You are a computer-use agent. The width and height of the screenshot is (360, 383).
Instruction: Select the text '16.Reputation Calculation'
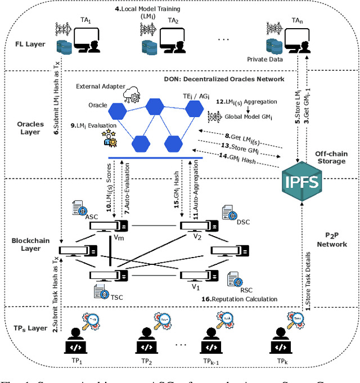pos(239,299)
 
